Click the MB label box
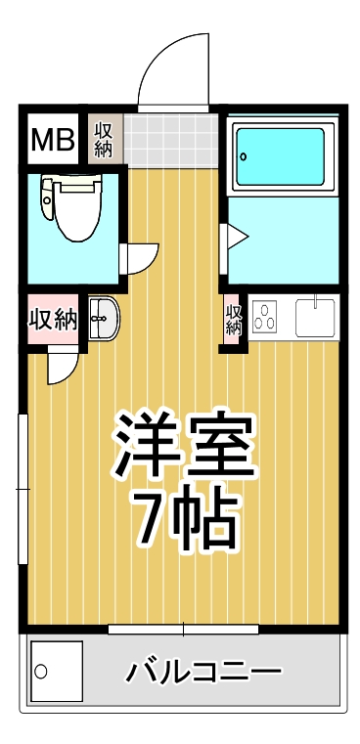pyautogui.click(x=53, y=141)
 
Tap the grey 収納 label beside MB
pyautogui.click(x=103, y=139)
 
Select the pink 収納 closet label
pyautogui.click(x=52, y=319)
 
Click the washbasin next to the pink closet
pyautogui.click(x=102, y=318)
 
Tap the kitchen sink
pyautogui.click(x=316, y=318)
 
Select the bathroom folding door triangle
pyautogui.click(x=236, y=237)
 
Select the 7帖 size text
pyautogui.click(x=186, y=518)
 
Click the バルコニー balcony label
pyautogui.click(x=203, y=673)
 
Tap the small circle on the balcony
pyautogui.click(x=42, y=672)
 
